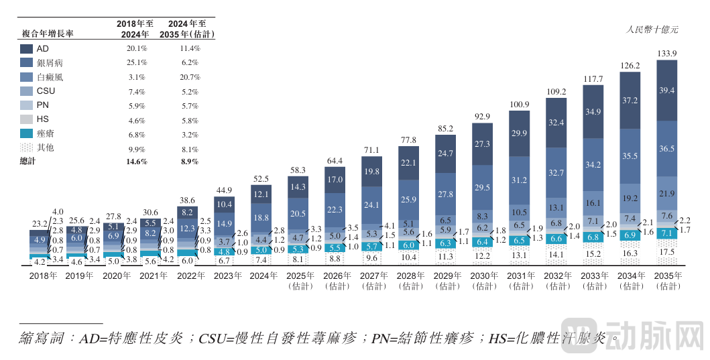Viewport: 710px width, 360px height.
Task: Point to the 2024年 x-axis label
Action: pos(263,275)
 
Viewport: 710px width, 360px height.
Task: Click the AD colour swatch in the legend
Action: pos(27,49)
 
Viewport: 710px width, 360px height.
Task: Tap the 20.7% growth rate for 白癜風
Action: pos(190,77)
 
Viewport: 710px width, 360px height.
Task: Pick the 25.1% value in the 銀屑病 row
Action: pos(137,63)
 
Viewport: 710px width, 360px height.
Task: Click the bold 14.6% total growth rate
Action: pos(137,162)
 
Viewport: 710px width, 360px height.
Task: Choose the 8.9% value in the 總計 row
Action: pos(190,162)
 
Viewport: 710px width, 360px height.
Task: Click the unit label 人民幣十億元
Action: pos(652,29)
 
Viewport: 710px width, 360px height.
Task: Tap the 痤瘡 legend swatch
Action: pos(27,133)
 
